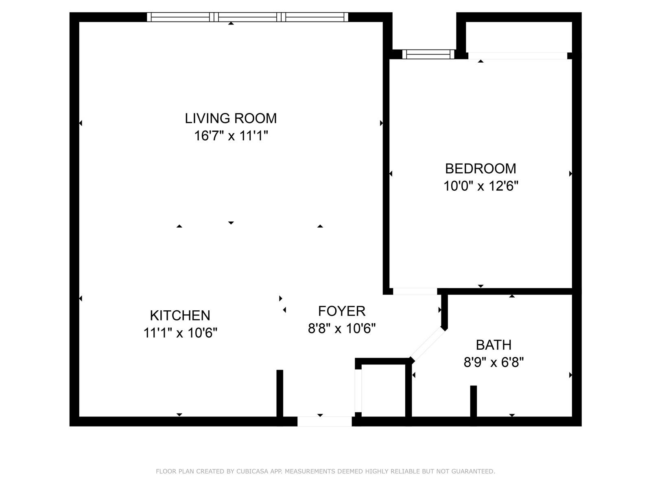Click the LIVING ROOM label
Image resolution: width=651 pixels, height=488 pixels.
231,118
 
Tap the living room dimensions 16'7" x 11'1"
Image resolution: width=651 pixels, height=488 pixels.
231,136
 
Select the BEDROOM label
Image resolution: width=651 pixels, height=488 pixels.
481,169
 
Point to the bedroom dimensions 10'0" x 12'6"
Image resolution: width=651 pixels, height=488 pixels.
481,186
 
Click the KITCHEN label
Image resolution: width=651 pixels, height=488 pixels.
180,315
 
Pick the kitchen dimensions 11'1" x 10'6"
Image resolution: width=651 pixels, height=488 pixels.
180,333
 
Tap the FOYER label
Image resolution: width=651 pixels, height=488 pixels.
342,311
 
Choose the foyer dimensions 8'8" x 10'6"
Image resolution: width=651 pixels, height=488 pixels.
342,328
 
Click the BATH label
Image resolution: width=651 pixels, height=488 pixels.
494,345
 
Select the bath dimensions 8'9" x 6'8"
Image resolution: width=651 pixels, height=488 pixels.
494,362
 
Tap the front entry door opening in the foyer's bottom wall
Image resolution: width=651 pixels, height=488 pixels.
324,421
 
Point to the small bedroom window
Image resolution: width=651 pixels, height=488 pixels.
428,54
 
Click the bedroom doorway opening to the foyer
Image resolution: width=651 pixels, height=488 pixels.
415,291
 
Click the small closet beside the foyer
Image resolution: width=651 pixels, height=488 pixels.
383,390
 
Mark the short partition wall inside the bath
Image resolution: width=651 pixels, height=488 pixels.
473,401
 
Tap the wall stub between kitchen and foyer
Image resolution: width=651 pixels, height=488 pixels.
280,393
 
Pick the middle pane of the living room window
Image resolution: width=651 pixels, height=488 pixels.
248,17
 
